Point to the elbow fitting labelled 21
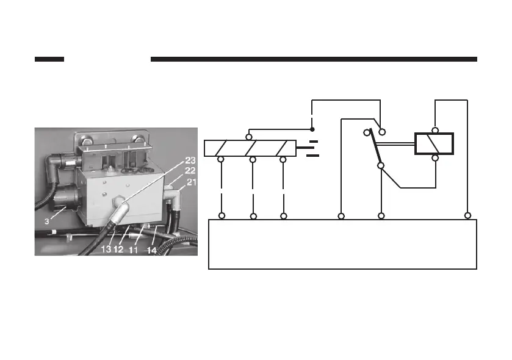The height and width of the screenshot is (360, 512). tap(177, 196)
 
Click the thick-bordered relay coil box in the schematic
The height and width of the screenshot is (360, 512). tap(434, 144)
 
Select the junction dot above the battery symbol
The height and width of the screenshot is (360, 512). tap(312, 129)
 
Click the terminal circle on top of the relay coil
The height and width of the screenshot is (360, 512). tap(435, 130)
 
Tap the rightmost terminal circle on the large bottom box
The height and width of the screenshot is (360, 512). tap(467, 215)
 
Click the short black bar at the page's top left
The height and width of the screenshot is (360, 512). tap(49, 59)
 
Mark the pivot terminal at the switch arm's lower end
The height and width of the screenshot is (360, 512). tap(380, 165)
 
